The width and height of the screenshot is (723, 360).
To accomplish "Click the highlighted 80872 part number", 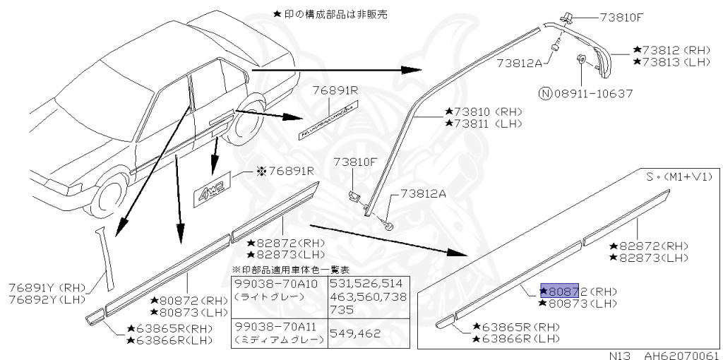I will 560,290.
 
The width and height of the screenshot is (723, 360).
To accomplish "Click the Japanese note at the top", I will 330,13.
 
